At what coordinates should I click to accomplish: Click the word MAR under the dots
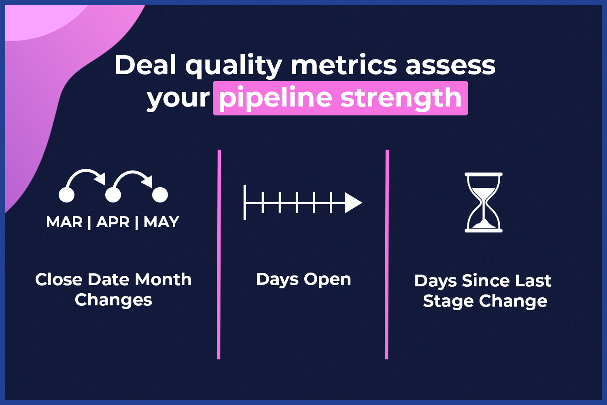(x=64, y=222)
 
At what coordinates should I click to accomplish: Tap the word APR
(x=113, y=222)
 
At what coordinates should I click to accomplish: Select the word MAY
(x=161, y=222)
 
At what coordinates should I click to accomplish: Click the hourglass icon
(x=484, y=202)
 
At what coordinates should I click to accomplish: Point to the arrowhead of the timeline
(x=353, y=203)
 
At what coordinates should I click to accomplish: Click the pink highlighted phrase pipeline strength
(x=340, y=98)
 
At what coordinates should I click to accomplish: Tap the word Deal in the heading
(x=146, y=65)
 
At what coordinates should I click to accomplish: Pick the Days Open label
(x=303, y=280)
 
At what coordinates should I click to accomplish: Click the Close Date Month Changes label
(x=114, y=290)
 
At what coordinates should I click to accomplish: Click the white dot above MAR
(x=66, y=194)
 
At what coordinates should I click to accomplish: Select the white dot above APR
(x=113, y=194)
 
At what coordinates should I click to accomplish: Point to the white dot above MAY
(x=160, y=194)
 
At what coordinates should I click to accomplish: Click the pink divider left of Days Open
(x=219, y=254)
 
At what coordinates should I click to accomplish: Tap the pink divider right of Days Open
(x=387, y=254)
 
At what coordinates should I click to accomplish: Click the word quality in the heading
(x=234, y=66)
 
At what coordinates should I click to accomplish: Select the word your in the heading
(x=178, y=99)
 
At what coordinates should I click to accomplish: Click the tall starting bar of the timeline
(x=245, y=202)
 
